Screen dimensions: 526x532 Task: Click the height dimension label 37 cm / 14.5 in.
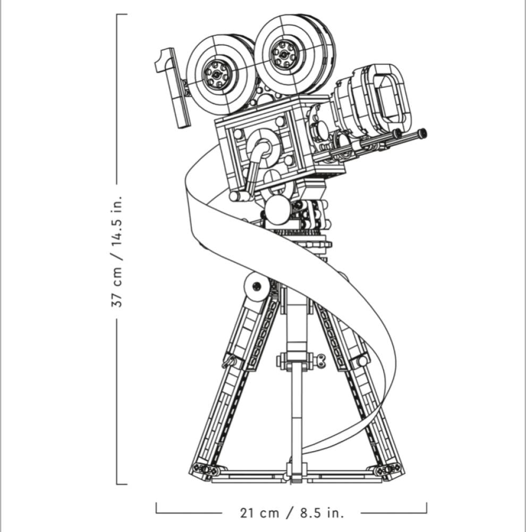coord(116,252)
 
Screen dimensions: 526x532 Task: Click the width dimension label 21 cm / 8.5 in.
coord(292,513)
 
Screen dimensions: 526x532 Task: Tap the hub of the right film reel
coord(283,53)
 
